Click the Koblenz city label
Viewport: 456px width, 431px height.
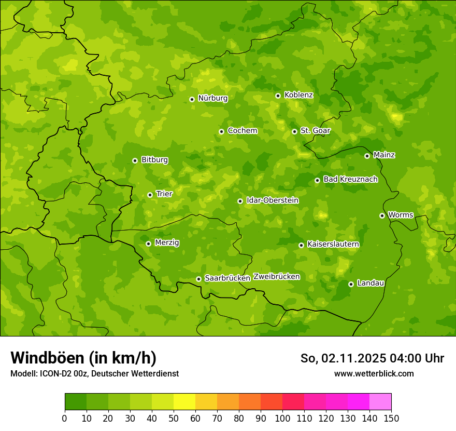click(298, 95)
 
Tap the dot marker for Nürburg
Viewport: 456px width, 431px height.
click(192, 99)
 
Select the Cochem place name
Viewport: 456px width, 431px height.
click(242, 131)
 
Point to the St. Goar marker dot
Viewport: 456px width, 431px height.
click(294, 131)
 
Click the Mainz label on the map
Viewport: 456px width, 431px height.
click(384, 155)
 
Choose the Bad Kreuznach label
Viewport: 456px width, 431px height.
click(350, 180)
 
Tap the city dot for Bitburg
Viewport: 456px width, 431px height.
click(135, 160)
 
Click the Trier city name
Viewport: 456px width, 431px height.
click(164, 194)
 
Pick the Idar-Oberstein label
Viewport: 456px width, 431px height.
click(272, 200)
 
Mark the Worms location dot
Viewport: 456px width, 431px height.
click(382, 216)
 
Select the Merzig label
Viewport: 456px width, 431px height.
click(167, 243)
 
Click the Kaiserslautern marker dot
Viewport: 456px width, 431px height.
click(301, 245)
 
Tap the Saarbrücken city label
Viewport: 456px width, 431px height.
click(227, 278)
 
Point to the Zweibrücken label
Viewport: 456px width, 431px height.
click(276, 277)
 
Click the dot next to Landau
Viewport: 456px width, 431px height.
click(351, 284)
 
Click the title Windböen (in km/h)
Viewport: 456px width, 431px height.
click(83, 358)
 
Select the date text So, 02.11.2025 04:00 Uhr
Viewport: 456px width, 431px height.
click(372, 358)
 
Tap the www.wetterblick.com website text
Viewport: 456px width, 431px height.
click(374, 373)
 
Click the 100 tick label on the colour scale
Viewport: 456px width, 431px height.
click(282, 419)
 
